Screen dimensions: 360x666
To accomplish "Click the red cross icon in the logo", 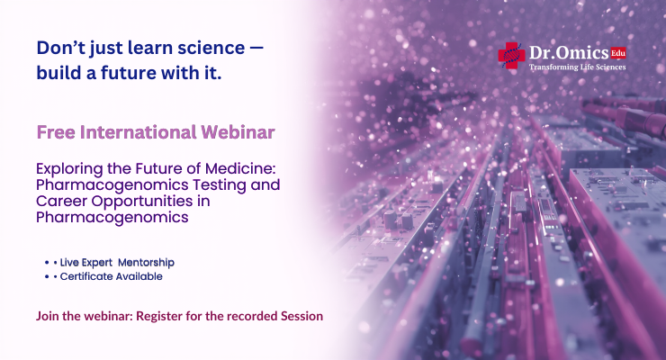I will tap(510, 56).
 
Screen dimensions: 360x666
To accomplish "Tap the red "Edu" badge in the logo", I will tap(617, 53).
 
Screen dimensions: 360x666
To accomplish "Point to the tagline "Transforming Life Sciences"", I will tap(578, 67).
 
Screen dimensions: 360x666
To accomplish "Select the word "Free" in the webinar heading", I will tap(56, 132).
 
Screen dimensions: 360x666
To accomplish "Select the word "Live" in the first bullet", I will tap(73, 262).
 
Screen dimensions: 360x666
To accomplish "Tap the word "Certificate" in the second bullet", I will tap(88, 277).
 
